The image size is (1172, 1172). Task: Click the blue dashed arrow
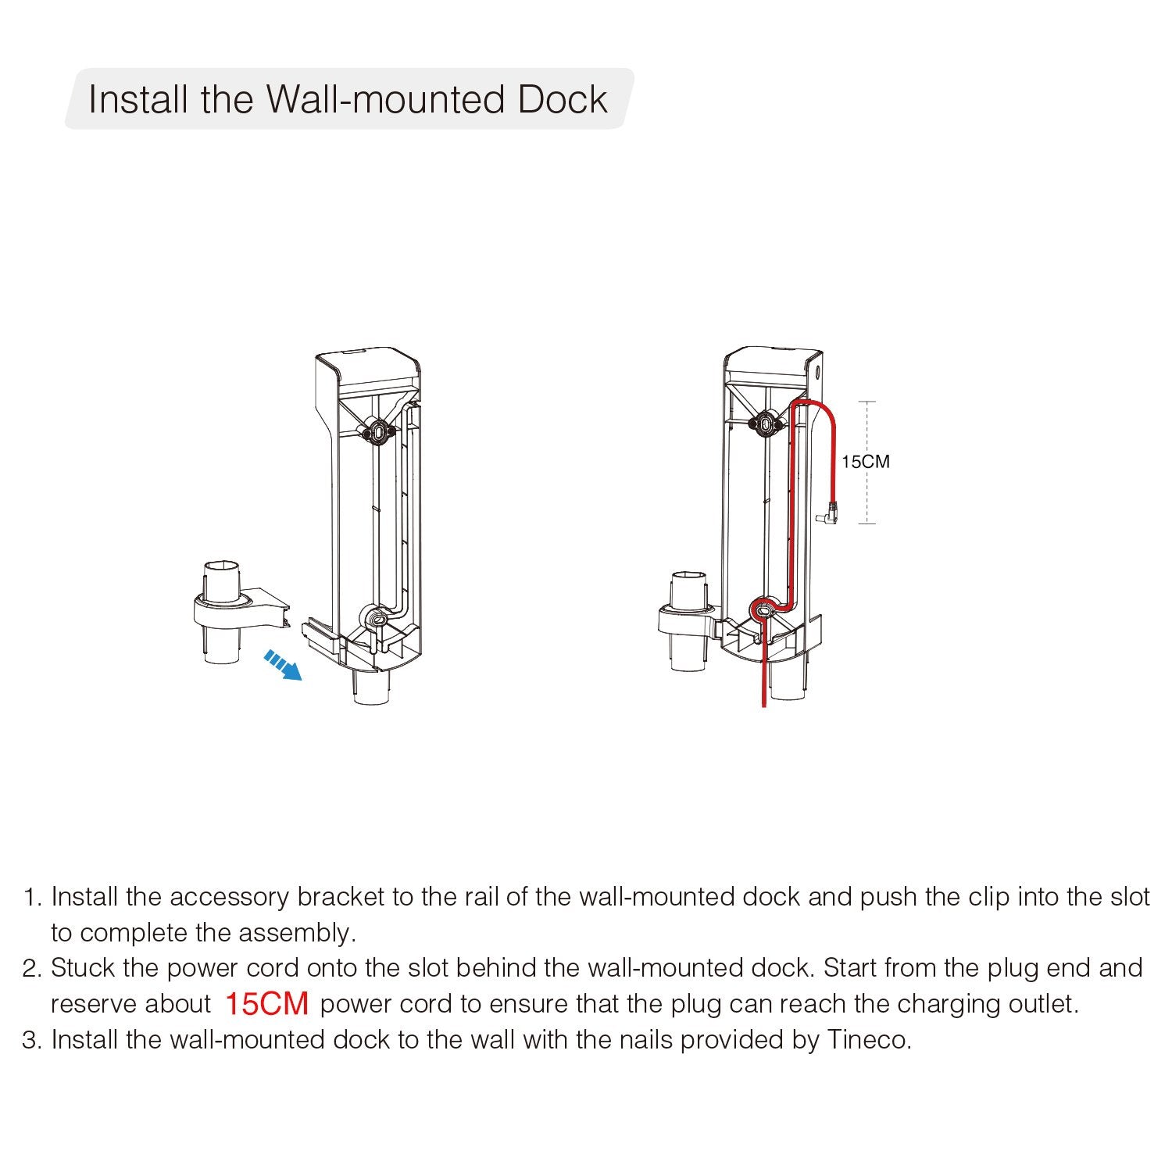tap(283, 665)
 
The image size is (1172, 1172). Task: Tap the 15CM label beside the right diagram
tap(865, 462)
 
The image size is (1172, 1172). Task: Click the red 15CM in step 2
tap(267, 1004)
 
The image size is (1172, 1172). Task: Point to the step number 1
tap(30, 897)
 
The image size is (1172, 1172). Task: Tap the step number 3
tap(30, 1040)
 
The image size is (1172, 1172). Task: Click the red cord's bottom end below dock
tap(763, 706)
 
